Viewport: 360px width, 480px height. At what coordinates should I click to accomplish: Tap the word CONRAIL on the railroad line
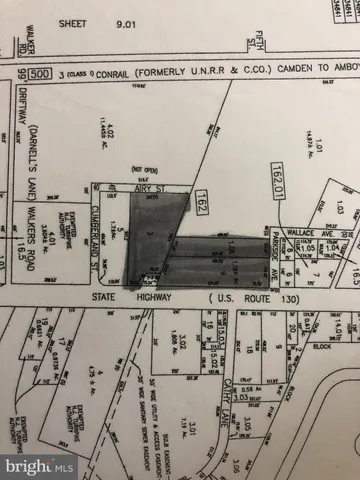(109, 73)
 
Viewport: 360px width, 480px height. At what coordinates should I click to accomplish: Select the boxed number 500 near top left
(39, 73)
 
